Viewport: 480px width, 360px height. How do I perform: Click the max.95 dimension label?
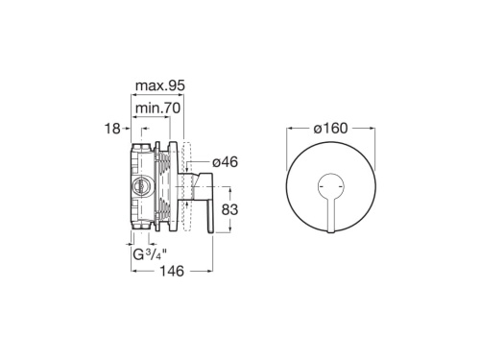159,86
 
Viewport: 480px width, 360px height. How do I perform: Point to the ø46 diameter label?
225,162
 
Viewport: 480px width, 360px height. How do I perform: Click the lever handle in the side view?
204,207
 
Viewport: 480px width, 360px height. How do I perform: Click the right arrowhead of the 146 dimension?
210,272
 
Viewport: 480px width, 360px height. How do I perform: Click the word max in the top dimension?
146,86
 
